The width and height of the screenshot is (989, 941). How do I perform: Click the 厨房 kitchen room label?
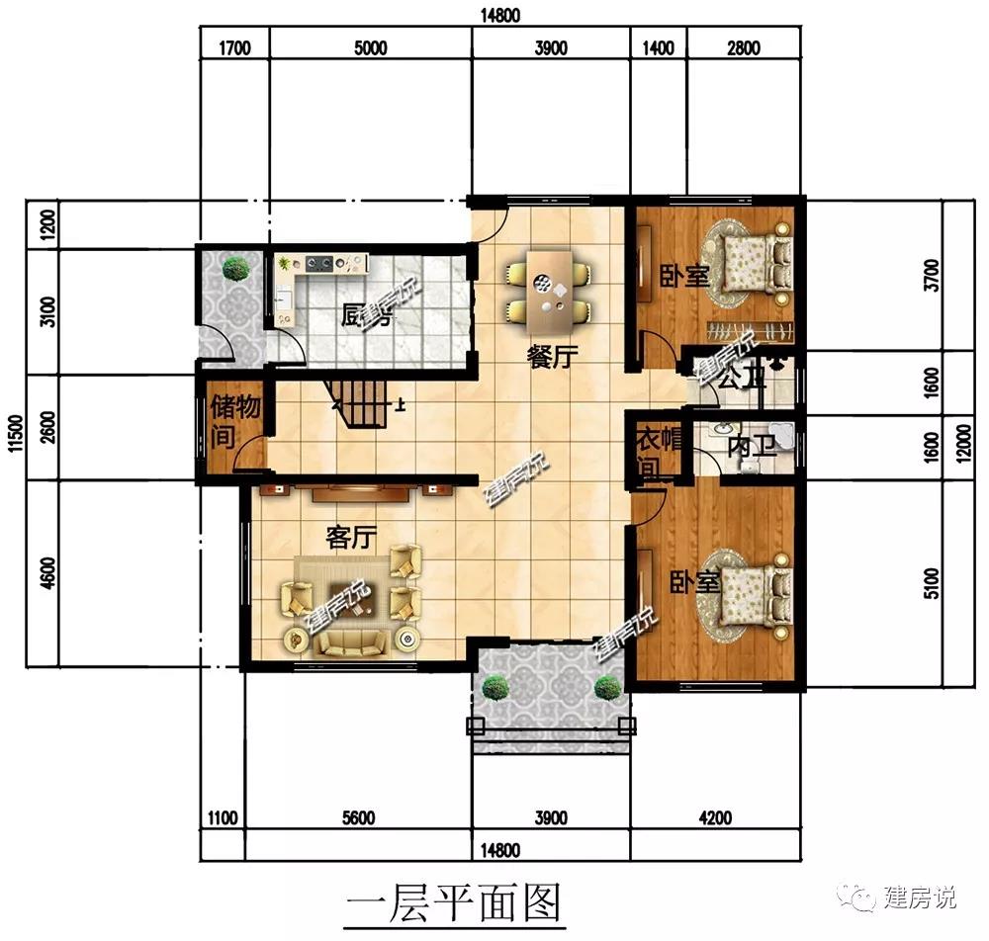[367, 315]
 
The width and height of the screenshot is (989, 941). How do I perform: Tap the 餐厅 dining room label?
[553, 357]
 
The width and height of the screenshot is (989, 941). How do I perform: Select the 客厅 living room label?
[351, 537]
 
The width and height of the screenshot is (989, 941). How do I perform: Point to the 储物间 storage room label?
[234, 421]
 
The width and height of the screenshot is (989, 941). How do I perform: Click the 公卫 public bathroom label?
[742, 378]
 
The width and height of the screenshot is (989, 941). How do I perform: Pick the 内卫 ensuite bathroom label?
[752, 447]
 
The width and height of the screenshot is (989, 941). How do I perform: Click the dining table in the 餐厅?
[549, 293]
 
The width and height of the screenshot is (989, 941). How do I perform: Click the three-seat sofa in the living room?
[351, 642]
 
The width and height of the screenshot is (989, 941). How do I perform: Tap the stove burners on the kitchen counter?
[319, 263]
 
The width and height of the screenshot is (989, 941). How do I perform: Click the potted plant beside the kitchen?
[235, 269]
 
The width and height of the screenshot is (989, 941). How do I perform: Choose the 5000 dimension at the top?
[370, 47]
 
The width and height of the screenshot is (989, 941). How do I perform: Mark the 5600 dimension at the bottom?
[358, 818]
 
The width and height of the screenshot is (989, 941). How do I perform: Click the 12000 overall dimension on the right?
[963, 443]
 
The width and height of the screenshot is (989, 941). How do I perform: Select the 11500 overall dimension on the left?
[16, 433]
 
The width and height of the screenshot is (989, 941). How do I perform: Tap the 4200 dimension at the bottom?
[715, 818]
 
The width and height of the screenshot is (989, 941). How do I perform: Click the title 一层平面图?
[454, 902]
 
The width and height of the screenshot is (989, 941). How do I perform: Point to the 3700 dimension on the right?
[932, 276]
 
